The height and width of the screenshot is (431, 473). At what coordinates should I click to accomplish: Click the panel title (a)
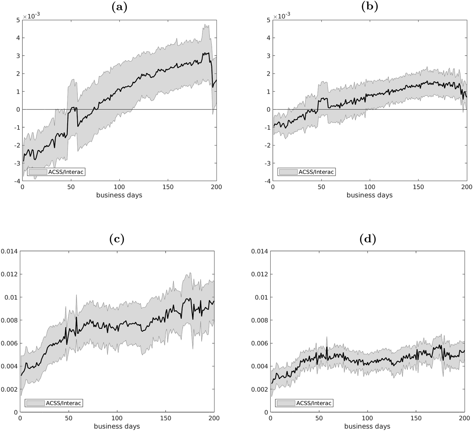[x=119, y=7]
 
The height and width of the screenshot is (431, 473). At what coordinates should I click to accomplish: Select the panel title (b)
[x=369, y=7]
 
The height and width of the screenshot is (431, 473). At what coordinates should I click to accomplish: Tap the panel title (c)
[x=117, y=239]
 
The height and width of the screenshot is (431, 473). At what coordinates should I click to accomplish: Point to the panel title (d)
[x=367, y=239]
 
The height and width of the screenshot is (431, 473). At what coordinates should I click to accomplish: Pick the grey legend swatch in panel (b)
[x=288, y=172]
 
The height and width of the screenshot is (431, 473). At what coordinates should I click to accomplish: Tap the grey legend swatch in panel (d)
[x=286, y=403]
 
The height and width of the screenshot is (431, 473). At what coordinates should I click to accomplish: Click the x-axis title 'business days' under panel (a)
[x=119, y=195]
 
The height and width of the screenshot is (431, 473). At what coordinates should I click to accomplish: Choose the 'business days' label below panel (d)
[x=367, y=426]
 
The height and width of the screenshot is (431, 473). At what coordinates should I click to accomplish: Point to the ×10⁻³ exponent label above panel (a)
[x=32, y=16]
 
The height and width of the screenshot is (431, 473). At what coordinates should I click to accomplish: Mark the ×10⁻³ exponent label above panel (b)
[x=282, y=16]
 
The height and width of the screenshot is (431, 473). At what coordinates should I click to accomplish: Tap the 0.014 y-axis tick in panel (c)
[x=9, y=251]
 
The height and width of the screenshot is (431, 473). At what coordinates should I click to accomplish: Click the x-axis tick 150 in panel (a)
[x=168, y=187]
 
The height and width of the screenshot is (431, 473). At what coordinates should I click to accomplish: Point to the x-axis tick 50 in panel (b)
[x=321, y=187]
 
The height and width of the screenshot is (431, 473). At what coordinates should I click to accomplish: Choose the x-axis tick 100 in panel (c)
[x=117, y=419]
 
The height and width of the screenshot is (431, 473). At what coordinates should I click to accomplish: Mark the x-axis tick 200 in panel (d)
[x=464, y=419]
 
